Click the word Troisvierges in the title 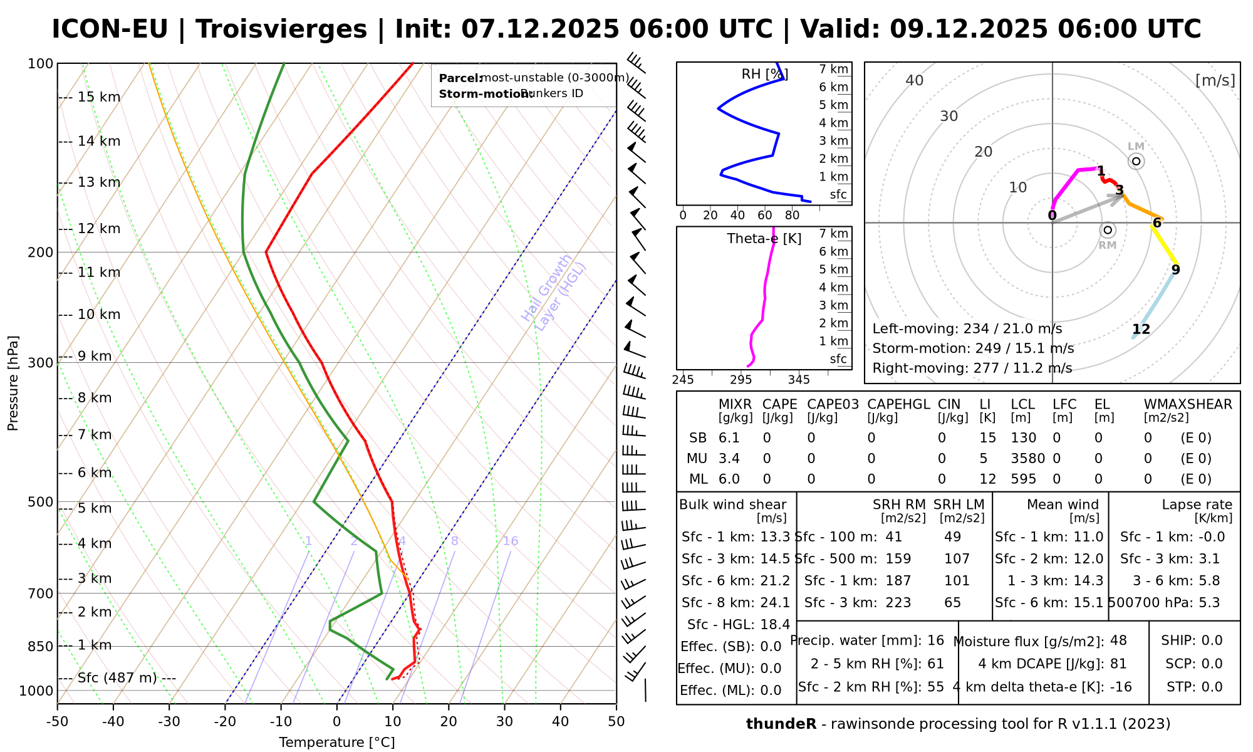[281, 29]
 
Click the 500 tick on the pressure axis [41, 502]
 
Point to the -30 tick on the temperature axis [169, 721]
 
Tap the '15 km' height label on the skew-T [99, 97]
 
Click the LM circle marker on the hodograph [1136, 161]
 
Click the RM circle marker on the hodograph [1108, 230]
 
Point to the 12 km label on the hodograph [1141, 329]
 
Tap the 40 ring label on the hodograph [915, 80]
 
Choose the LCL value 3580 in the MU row [1027, 459]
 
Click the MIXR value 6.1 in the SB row [729, 438]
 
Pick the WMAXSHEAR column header [1188, 404]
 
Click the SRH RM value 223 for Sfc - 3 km [898, 603]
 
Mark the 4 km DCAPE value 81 [1118, 664]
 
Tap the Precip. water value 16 [935, 640]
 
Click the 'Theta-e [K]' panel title [764, 239]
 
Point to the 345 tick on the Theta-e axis [799, 380]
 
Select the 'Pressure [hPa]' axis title [13, 383]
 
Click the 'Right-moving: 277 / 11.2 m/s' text [972, 368]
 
